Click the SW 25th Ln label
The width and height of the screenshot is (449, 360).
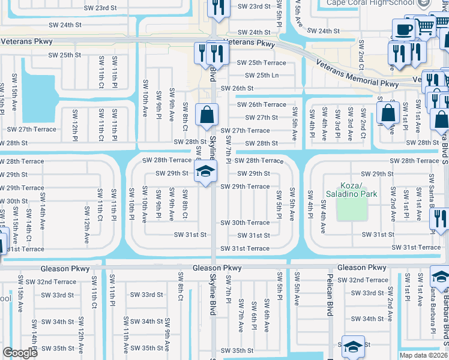click(x=262, y=75)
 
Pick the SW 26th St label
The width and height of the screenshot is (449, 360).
click(x=237, y=88)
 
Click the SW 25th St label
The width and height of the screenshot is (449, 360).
click(x=65, y=55)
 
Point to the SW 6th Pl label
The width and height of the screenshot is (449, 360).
click(x=254, y=316)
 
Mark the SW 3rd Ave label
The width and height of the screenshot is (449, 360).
click(x=350, y=124)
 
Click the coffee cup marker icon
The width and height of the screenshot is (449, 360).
click(x=404, y=29)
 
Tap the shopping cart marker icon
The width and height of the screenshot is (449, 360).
click(x=425, y=25)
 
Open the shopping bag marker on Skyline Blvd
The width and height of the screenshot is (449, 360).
click(x=207, y=114)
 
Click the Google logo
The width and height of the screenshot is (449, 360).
click(x=20, y=353)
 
